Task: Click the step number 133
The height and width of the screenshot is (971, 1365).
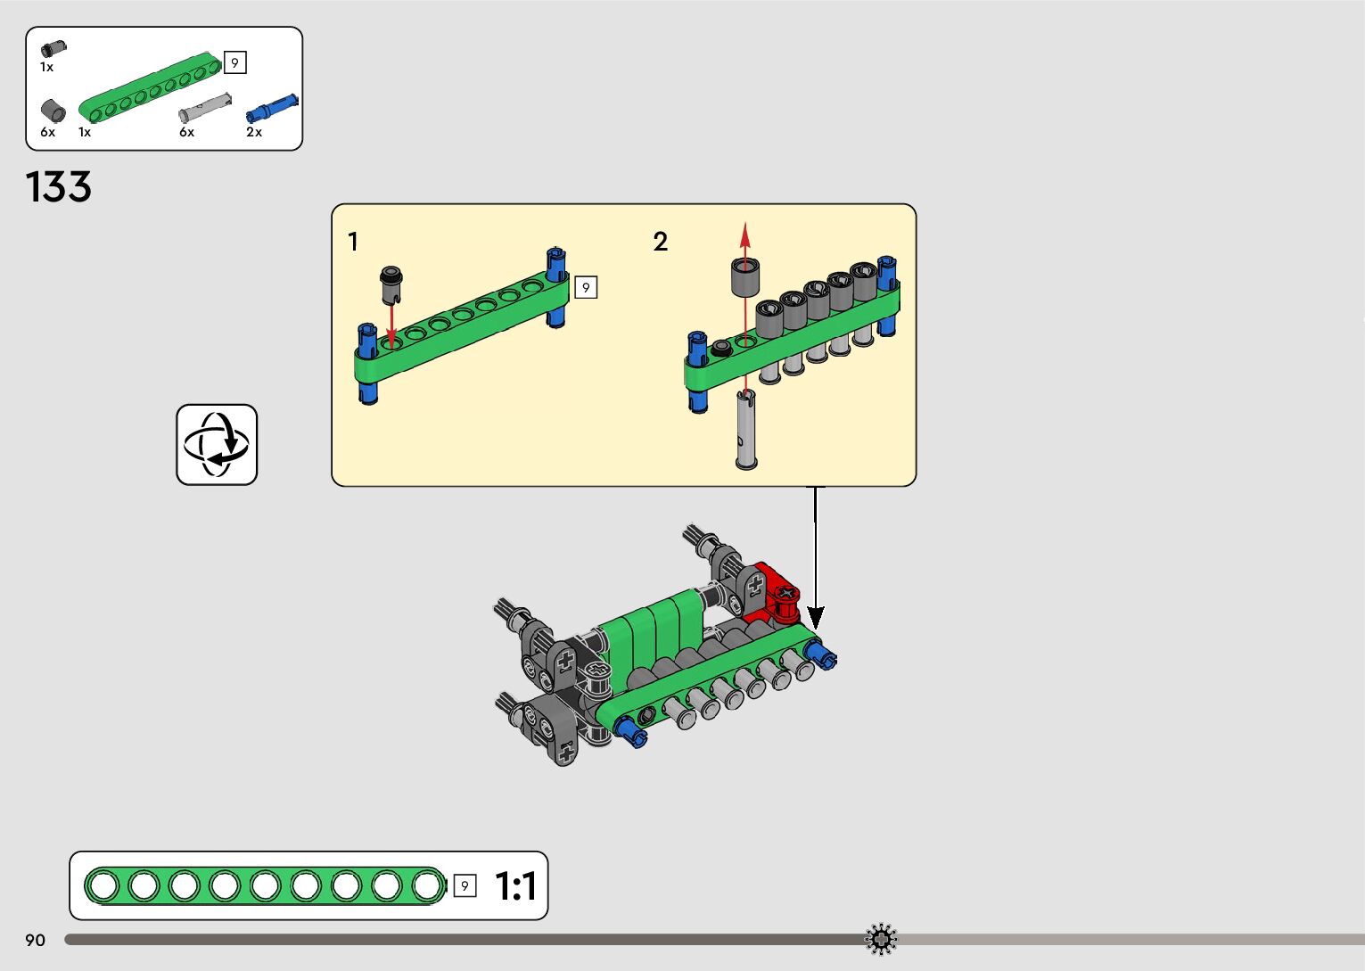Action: coord(59,187)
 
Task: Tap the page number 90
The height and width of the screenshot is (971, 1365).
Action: coord(35,941)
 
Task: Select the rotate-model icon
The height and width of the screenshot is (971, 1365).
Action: coord(217,445)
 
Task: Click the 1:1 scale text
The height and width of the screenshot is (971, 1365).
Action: coord(515,886)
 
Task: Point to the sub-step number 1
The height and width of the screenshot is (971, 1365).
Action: coord(353,242)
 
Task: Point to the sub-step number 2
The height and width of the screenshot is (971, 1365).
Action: coord(660,242)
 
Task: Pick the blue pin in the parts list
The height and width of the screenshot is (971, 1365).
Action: coord(272,108)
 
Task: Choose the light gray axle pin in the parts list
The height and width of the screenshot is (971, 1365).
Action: coord(205,108)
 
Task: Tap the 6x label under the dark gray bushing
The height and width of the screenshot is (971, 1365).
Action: coord(47,132)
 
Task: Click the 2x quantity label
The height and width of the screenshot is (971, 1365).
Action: coord(254,132)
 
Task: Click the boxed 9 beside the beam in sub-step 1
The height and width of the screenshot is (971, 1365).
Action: coord(586,287)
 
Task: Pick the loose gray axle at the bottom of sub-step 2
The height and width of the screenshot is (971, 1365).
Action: coord(746,432)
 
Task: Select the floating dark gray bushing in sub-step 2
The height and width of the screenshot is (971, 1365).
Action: coord(745,277)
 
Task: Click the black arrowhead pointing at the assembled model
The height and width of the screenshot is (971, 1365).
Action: coord(815,617)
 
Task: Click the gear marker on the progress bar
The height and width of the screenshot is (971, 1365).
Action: coord(881,939)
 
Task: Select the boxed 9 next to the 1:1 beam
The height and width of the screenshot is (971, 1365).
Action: coord(465,886)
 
